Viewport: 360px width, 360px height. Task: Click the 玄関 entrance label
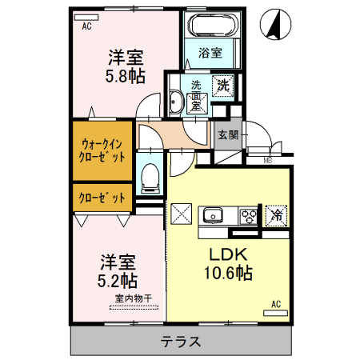pos(227,134)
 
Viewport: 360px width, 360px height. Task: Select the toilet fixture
pos(149,177)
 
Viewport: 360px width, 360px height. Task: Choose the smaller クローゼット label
pos(101,196)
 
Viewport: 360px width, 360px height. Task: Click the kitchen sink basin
pos(214,215)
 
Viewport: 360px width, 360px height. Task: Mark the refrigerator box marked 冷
pos(277,214)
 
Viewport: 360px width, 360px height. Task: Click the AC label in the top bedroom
pos(86,26)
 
